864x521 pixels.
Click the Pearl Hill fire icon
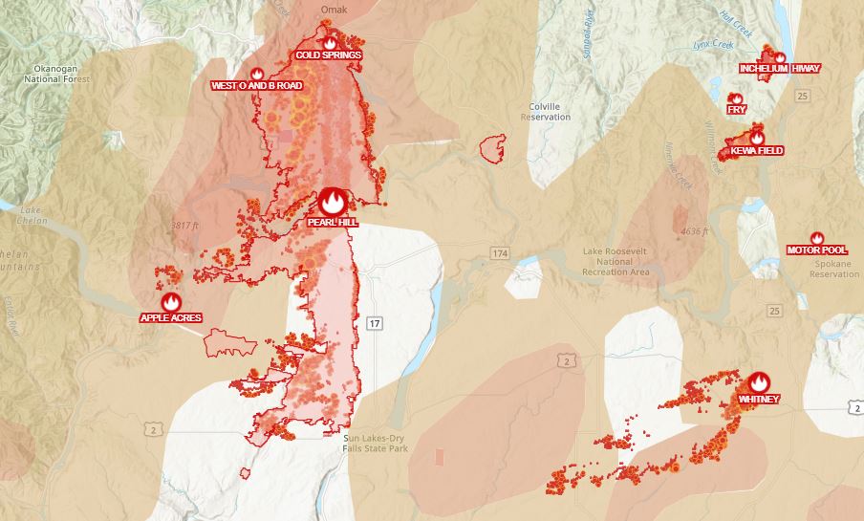coord(332,201)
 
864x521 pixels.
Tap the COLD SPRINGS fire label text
coord(329,55)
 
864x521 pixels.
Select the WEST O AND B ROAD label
coord(256,86)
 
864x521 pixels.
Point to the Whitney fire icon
coord(760,382)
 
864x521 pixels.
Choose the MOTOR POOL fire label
coord(816,250)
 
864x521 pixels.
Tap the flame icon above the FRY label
coord(736,98)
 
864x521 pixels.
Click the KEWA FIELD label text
coord(757,151)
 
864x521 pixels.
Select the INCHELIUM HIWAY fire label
coord(779,69)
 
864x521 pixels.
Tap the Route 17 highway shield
coord(373,324)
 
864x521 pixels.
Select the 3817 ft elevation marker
coord(184,226)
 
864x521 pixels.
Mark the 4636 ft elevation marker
coord(688,231)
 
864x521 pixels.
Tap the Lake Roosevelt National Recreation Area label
coord(616,262)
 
